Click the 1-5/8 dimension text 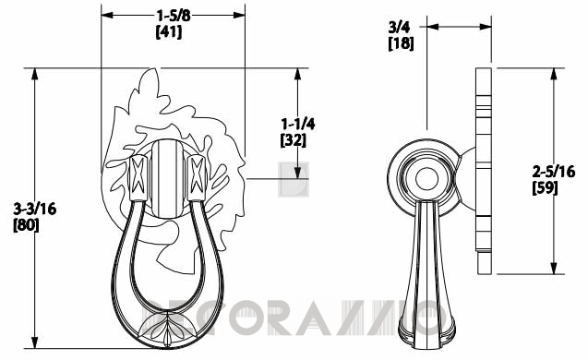174,16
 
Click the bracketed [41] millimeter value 169,32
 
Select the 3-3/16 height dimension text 35,209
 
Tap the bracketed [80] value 26,225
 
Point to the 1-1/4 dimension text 298,124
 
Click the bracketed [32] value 294,140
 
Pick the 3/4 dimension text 399,27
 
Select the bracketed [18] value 401,43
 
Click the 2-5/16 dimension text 554,172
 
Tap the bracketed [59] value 546,188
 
